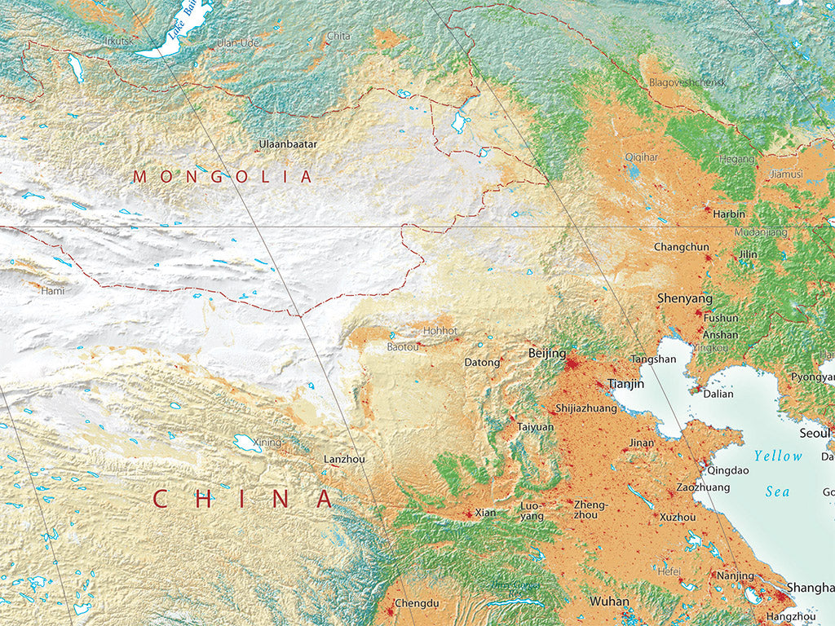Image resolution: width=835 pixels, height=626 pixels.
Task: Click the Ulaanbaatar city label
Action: click(x=288, y=144)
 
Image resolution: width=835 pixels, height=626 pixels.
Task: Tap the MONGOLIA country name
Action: click(x=223, y=177)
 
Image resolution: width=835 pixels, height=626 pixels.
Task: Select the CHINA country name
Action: click(x=243, y=499)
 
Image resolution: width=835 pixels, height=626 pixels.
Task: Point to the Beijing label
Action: click(x=547, y=353)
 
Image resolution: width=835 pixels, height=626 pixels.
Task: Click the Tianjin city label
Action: click(x=626, y=383)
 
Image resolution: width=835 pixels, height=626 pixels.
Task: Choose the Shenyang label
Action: click(x=685, y=299)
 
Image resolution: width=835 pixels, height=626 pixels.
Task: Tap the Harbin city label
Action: click(x=729, y=214)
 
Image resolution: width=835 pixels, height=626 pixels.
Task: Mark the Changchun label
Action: click(x=682, y=247)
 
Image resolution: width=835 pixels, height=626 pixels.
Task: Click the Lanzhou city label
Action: click(x=344, y=460)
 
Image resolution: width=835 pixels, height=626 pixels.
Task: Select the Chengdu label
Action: click(x=417, y=604)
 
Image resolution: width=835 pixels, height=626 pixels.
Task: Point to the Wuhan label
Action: click(x=610, y=602)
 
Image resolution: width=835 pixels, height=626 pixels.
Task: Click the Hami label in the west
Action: click(x=52, y=290)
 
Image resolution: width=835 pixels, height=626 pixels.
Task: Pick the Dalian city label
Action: click(x=718, y=394)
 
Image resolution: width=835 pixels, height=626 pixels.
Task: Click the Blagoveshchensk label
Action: click(x=687, y=83)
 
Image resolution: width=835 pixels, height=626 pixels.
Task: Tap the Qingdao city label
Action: click(x=728, y=470)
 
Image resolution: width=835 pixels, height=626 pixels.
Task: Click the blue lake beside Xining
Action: click(x=247, y=443)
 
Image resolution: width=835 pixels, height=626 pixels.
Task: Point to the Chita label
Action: click(x=338, y=36)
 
